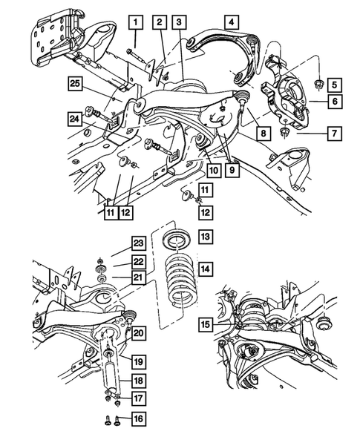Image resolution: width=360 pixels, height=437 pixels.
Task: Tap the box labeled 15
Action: coord(204,324)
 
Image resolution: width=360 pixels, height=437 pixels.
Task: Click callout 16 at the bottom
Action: coord(139,419)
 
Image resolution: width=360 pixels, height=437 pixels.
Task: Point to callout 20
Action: coord(139,333)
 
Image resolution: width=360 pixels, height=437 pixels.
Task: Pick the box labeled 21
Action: coord(139,277)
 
